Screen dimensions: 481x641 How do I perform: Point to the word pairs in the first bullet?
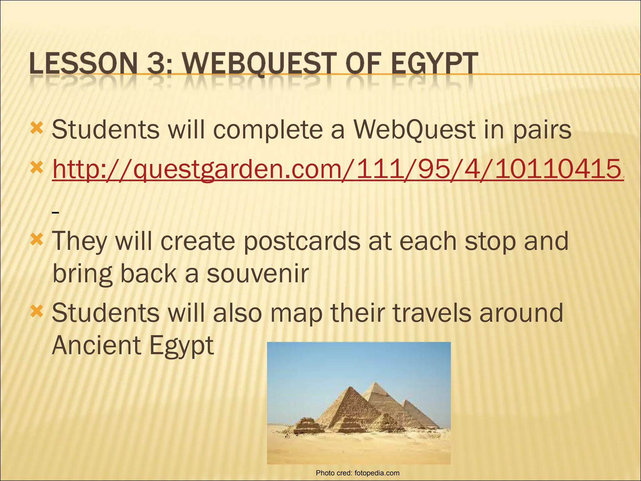tap(542, 130)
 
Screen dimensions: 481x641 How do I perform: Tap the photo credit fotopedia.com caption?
tap(357, 473)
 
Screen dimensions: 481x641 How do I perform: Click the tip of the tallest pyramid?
tap(374, 382)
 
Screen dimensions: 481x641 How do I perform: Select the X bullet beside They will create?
tap(37, 240)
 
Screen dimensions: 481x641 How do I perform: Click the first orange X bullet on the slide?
tap(37, 128)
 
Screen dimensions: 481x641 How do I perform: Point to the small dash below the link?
tap(56, 213)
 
